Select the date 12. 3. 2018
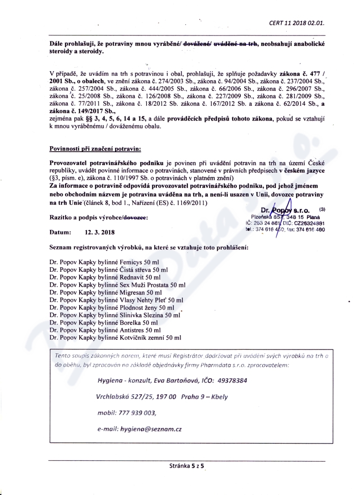99,233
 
